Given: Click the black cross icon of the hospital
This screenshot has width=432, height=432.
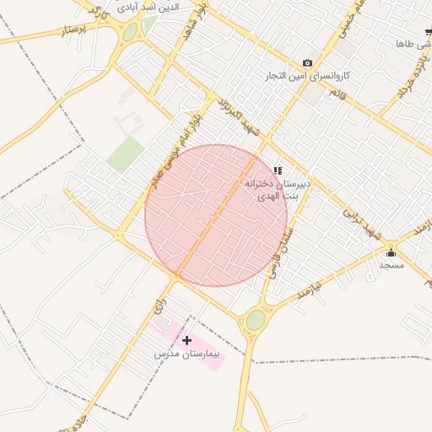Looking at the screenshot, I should coord(186,340).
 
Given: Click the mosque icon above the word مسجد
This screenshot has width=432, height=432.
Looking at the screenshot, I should coord(391,252).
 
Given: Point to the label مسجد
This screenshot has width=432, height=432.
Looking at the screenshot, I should coord(391,265).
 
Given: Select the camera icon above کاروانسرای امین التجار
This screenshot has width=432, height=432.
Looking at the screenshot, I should coord(307,63).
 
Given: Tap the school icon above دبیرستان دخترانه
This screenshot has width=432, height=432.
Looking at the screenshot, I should coord(278,170).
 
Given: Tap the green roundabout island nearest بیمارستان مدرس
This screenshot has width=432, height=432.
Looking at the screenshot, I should coord(256,320).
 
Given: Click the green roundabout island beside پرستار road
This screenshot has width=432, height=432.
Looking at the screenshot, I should coord(130,32).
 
